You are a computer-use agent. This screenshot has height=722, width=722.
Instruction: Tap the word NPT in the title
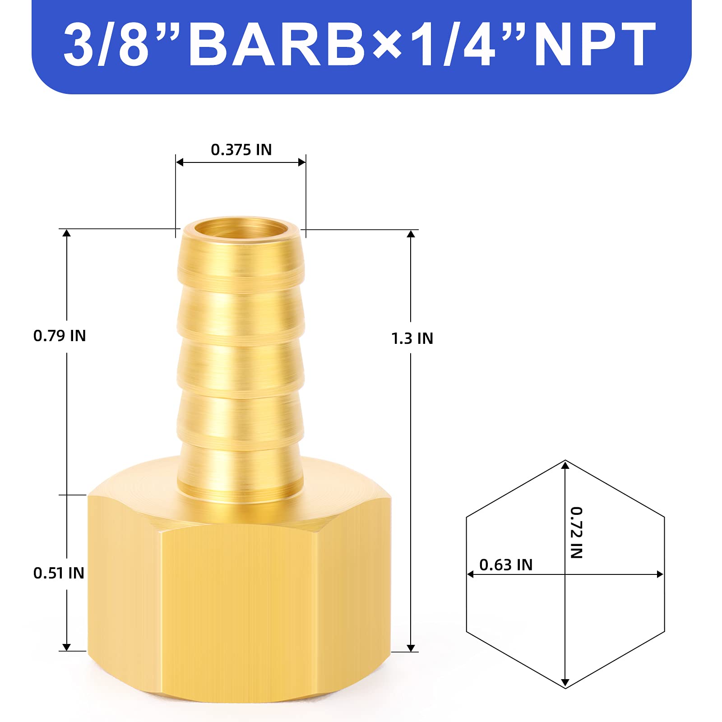point(595,44)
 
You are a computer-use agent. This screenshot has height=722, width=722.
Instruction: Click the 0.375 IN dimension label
point(241,150)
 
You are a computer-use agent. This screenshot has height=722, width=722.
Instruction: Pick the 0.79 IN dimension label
point(60,336)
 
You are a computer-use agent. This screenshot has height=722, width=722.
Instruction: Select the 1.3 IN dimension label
point(412,338)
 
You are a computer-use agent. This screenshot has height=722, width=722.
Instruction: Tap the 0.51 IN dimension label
point(59,573)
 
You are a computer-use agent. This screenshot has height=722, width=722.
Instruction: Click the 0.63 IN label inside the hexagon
point(506,565)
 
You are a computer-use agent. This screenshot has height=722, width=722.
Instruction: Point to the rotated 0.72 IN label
point(576,532)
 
